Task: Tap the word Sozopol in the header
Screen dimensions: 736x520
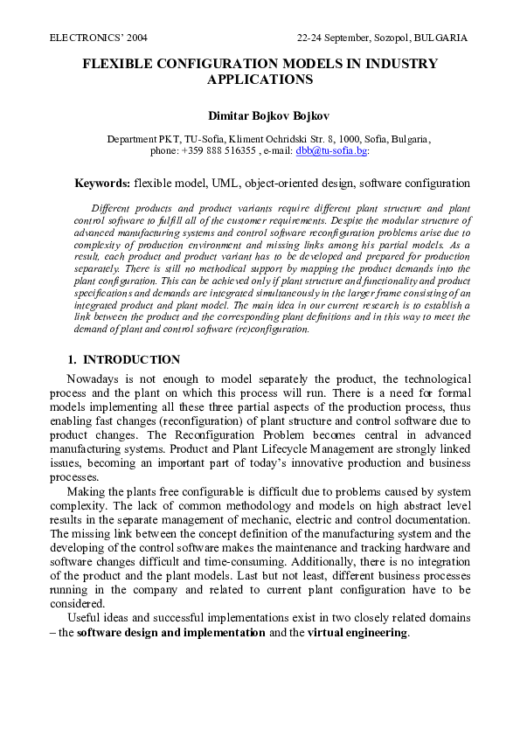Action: click(390, 38)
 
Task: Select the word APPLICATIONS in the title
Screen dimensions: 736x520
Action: click(260, 80)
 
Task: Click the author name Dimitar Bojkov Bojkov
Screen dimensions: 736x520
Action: click(260, 115)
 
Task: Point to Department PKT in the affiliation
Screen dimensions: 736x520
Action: click(144, 139)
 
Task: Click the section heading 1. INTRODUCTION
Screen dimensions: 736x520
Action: click(124, 360)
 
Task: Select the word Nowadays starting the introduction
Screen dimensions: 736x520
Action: click(95, 378)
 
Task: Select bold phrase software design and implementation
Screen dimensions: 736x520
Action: click(171, 633)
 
